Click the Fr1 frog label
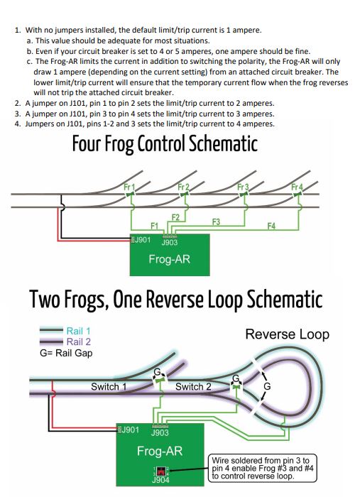129,187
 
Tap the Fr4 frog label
298,187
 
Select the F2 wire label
175,216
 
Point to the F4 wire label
271,226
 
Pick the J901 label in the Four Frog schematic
141,240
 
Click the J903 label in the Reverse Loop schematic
160,432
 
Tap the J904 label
160,480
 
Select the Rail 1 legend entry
78,331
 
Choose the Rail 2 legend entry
78,342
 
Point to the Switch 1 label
109,387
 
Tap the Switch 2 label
193,387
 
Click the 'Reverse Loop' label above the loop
287,334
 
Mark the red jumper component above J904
161,470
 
